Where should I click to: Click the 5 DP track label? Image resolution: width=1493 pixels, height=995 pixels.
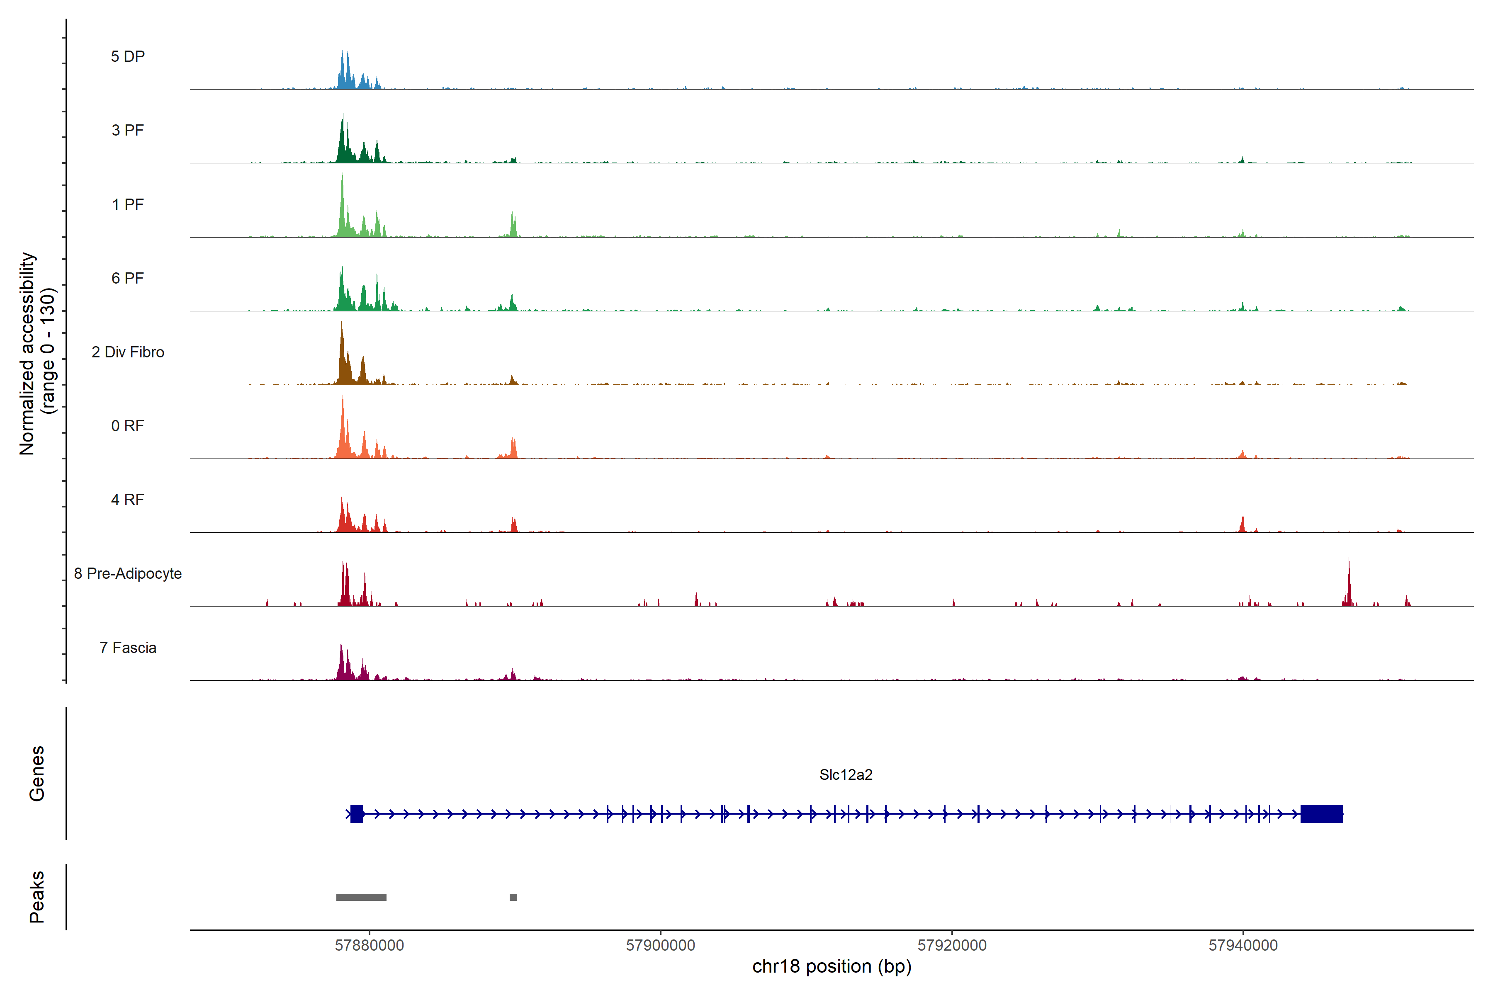[128, 56]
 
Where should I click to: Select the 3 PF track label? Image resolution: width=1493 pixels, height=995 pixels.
[128, 130]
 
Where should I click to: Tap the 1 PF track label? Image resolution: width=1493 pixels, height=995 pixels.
[128, 204]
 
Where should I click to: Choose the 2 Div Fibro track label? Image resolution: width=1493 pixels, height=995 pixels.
[128, 352]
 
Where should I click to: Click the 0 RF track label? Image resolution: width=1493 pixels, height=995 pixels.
[128, 426]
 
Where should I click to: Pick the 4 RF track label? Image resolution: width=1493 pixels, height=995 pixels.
[128, 500]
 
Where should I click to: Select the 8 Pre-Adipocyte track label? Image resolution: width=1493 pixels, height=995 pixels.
[128, 574]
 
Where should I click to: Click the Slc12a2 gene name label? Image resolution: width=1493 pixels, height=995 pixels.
[846, 775]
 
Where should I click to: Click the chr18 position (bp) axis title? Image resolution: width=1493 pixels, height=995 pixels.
[832, 966]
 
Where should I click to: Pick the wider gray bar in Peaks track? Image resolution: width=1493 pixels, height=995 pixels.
[361, 897]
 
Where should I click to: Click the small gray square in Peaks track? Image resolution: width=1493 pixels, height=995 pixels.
[513, 897]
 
